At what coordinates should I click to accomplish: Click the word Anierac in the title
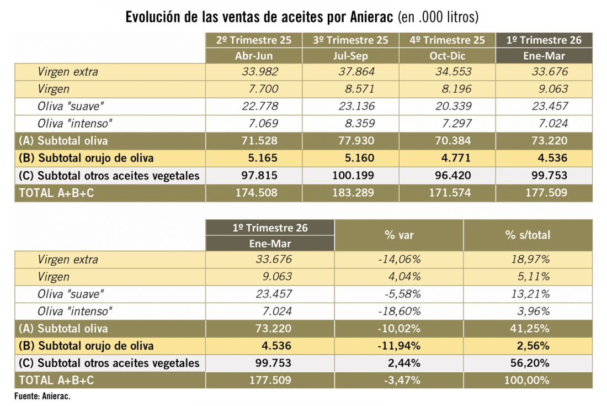click(x=371, y=17)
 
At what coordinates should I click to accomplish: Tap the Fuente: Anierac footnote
click(x=42, y=396)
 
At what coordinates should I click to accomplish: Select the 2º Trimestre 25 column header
click(x=254, y=40)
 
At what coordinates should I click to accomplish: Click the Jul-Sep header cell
click(x=351, y=56)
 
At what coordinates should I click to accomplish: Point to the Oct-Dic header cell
click(x=448, y=56)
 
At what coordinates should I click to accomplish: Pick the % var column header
click(x=399, y=235)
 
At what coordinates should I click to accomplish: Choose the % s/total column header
click(x=528, y=235)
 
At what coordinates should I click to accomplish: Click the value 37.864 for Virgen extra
click(x=356, y=72)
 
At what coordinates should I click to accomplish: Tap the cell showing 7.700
click(x=263, y=89)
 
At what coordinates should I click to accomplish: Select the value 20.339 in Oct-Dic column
click(x=453, y=106)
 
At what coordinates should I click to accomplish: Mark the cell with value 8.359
click(x=360, y=124)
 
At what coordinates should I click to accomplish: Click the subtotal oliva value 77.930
click(x=356, y=141)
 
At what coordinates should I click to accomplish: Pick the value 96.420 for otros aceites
click(x=453, y=176)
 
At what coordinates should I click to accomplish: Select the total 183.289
click(x=353, y=193)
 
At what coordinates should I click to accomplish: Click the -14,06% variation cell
click(x=399, y=259)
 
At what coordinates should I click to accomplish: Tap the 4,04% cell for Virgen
click(x=404, y=277)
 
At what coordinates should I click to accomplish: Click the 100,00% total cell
click(x=527, y=381)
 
